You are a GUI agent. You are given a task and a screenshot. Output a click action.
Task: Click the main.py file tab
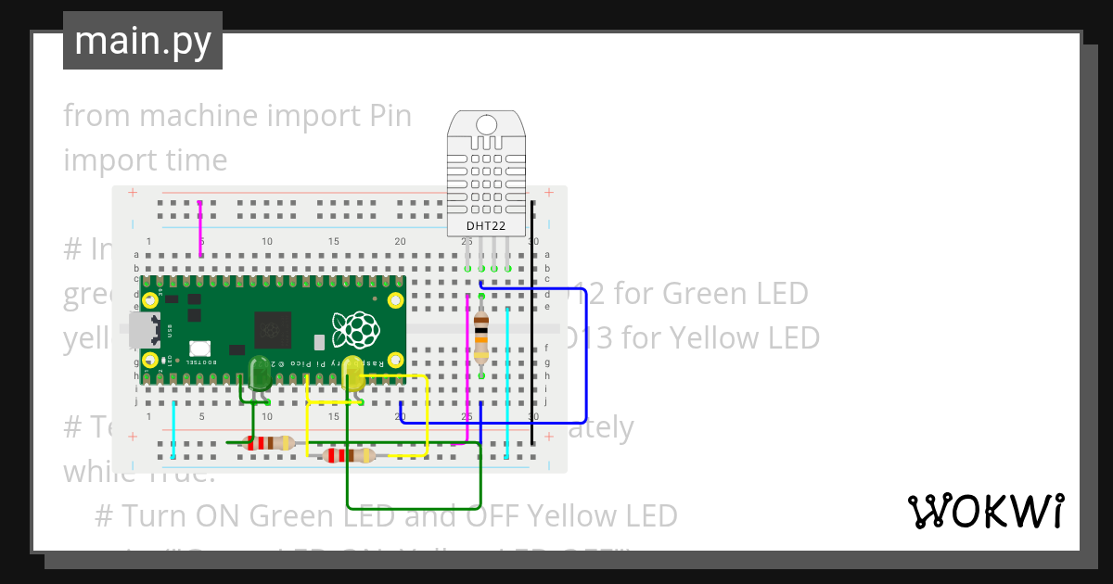point(143,42)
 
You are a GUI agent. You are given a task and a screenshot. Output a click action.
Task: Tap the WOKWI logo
point(984,511)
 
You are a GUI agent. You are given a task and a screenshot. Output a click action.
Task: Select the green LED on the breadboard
point(259,372)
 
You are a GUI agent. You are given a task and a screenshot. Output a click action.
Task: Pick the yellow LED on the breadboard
point(352,373)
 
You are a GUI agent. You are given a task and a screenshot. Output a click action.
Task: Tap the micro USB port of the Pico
point(143,328)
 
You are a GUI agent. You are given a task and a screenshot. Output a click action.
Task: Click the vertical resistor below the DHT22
point(481,336)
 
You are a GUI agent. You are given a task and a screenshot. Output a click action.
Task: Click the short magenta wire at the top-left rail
point(201,227)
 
